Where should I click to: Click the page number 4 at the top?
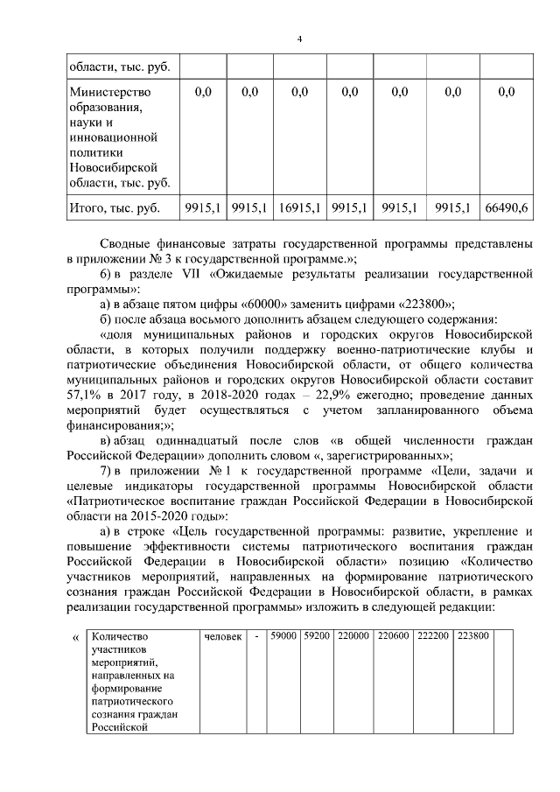coord(299,39)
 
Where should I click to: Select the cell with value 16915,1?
coord(299,207)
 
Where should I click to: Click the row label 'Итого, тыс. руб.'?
coord(114,207)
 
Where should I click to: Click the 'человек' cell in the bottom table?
coord(222,636)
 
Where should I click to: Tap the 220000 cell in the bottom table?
coord(353,636)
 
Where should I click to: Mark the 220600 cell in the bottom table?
coord(393,636)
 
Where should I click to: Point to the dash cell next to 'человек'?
coord(256,636)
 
